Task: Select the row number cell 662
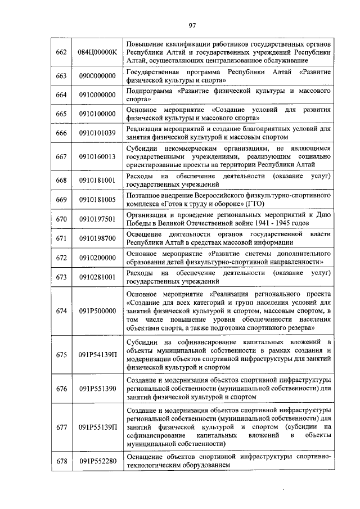point(62,52)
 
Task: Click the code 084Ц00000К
point(97,52)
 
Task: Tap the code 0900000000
point(97,76)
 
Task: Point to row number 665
point(62,114)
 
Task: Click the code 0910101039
point(97,133)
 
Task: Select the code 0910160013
point(97,156)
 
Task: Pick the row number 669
point(62,199)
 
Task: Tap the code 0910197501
point(97,218)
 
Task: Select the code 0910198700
point(97,238)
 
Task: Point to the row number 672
point(62,257)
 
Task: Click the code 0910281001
point(97,276)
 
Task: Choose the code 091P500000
point(97,310)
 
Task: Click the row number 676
point(62,388)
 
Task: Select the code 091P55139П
point(97,427)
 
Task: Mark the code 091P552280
point(97,461)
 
